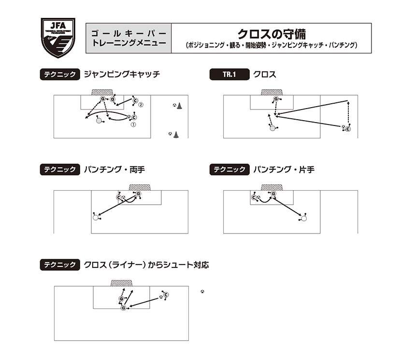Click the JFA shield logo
coord(58,38)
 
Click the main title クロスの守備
coord(271,34)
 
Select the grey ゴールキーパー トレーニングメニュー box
coord(129,38)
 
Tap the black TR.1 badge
coord(229,74)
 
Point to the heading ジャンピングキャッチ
coord(122,74)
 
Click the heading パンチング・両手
coord(114,169)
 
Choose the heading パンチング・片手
coord(284,169)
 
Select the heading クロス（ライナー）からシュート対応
coord(146,265)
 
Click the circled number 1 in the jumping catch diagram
coord(133,125)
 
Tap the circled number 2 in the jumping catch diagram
coord(141,105)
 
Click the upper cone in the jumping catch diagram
coord(179,106)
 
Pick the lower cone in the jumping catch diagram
coord(176,135)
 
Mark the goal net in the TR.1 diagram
coord(271,92)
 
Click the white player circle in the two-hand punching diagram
coord(96,218)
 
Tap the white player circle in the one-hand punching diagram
coord(303,218)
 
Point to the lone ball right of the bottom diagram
coord(202,291)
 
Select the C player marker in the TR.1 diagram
coord(348,129)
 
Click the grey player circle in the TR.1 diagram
coord(272,128)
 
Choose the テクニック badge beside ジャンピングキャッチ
coord(60,74)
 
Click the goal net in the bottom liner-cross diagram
coord(121,283)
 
